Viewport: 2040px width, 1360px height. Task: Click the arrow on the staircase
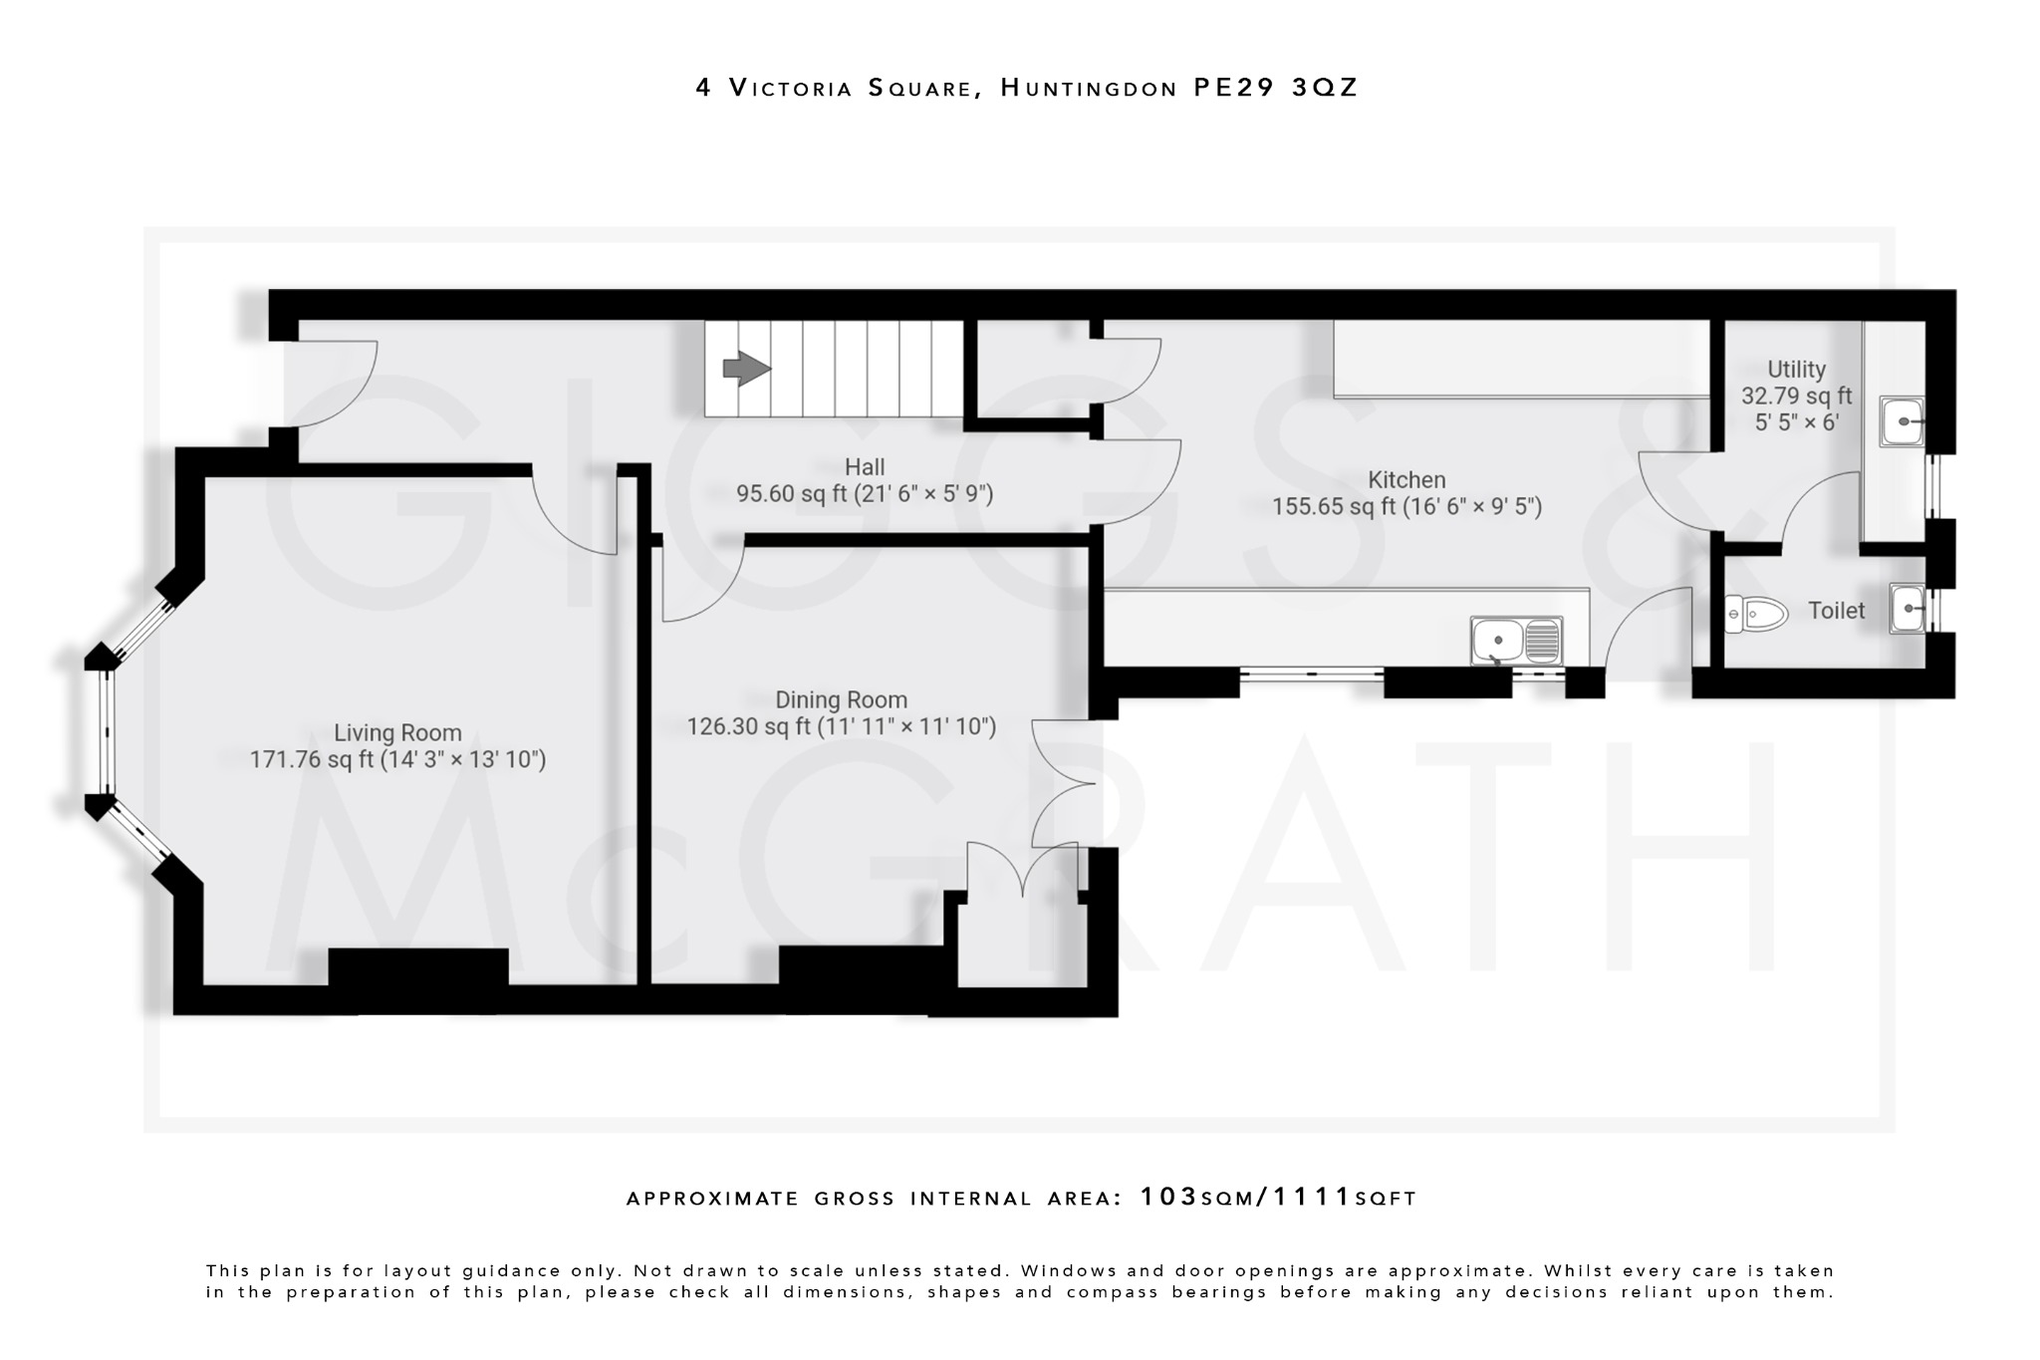746,369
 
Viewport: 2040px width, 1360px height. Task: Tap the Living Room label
397,733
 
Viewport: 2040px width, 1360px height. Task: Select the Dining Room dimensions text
842,727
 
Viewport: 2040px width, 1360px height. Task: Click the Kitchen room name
1405,479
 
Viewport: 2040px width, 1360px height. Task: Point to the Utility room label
1796,370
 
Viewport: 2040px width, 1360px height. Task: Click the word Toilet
1836,611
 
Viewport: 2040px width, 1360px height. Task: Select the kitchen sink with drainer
1517,641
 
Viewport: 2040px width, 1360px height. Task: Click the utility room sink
1902,421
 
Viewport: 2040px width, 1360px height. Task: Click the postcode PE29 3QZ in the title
1275,88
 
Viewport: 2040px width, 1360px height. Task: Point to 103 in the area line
1168,1197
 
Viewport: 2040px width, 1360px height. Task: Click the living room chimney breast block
417,966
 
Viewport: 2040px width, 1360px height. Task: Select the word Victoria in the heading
790,88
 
